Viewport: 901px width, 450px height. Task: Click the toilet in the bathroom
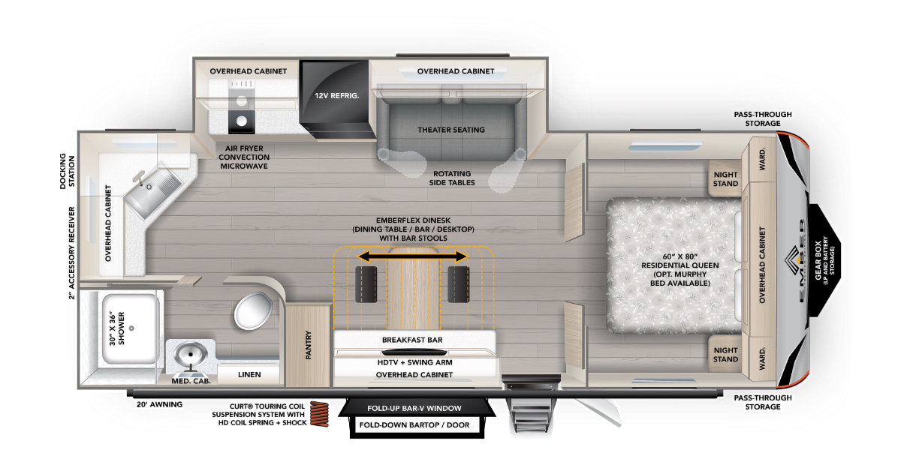[x=253, y=309]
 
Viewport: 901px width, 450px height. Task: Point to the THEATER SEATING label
[x=451, y=130]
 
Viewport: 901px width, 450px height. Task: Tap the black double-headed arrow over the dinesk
[x=412, y=257]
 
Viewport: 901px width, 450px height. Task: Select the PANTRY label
[x=309, y=345]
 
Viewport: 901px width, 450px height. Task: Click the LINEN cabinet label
[x=249, y=373]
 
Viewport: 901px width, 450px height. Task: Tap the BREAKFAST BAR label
[x=412, y=340]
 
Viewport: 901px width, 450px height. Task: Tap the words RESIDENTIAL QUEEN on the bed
[x=680, y=265]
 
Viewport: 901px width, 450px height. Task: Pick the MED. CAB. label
[x=191, y=381]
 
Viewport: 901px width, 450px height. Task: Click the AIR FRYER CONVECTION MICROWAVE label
[x=243, y=157]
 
